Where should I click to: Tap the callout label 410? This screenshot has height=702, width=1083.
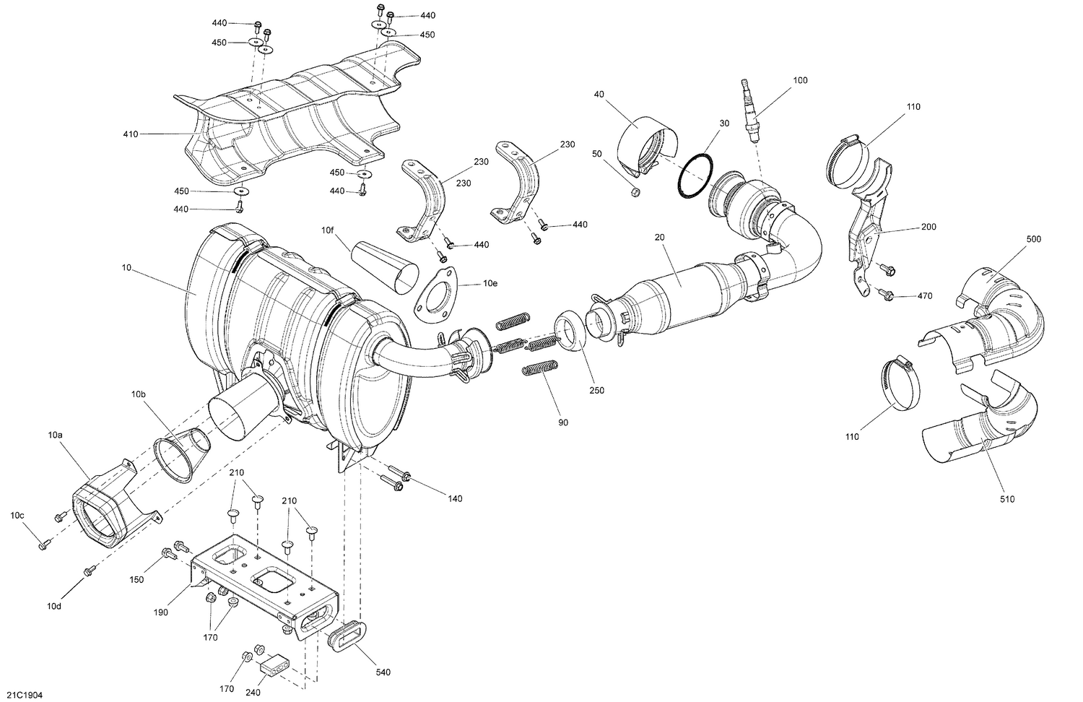130,134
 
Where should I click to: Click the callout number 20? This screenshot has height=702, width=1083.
659,237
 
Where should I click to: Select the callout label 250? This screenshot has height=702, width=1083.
596,391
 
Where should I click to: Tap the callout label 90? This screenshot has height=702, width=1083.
563,422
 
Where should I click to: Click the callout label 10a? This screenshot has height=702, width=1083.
56,435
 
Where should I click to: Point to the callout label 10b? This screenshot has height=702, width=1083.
139,394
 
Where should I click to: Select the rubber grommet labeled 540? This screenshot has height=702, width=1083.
341,638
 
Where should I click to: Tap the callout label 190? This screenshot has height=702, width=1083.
161,612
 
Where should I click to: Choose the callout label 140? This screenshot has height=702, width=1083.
455,499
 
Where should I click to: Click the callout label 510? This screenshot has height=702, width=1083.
1007,499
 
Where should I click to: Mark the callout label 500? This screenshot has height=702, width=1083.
1034,238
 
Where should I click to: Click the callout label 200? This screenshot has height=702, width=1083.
928,227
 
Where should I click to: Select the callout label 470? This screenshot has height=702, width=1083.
925,296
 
